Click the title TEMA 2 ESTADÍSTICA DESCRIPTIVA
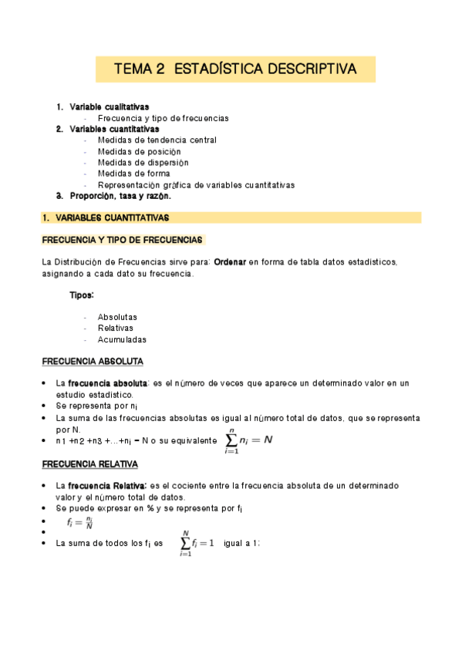tap(235, 69)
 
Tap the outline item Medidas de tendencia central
tap(157, 140)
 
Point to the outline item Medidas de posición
tap(143, 151)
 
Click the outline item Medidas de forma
tap(133, 174)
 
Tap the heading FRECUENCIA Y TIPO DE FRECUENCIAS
tap(122, 240)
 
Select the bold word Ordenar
tap(229, 262)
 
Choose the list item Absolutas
tap(117, 317)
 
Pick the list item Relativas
tap(115, 328)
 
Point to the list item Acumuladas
tap(122, 339)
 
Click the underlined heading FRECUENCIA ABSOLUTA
tap(93, 362)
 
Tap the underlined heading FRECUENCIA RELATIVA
tap(90, 464)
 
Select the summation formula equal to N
tap(248, 440)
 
